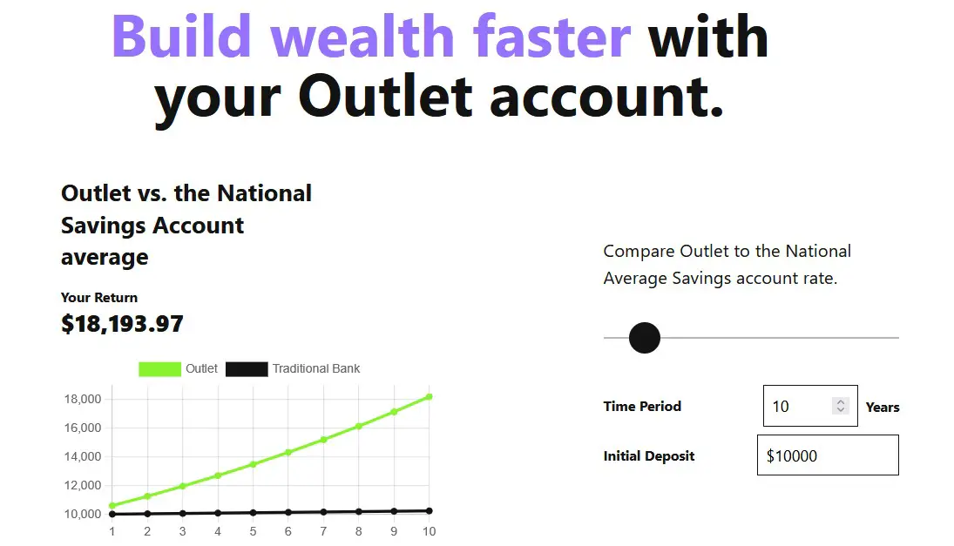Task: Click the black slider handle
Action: coord(645,338)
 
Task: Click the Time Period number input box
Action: coord(810,406)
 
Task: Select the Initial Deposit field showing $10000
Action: coord(828,455)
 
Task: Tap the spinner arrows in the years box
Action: coord(840,406)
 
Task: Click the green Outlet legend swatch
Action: coord(159,369)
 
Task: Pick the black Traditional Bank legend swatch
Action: coord(247,369)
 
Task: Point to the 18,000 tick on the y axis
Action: coord(83,399)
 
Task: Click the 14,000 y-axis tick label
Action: coord(83,456)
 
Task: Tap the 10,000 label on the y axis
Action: coord(83,514)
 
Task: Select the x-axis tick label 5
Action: coord(254,531)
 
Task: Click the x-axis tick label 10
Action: coord(429,531)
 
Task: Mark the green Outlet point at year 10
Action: coord(430,396)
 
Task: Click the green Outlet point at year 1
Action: coord(112,505)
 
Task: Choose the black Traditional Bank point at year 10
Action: coord(430,511)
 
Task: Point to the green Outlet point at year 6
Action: coord(288,452)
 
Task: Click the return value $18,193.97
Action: coord(122,324)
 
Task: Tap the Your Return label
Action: coord(99,297)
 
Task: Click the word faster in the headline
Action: coord(551,37)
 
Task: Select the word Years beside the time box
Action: coord(883,408)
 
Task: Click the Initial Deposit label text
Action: coord(648,456)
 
